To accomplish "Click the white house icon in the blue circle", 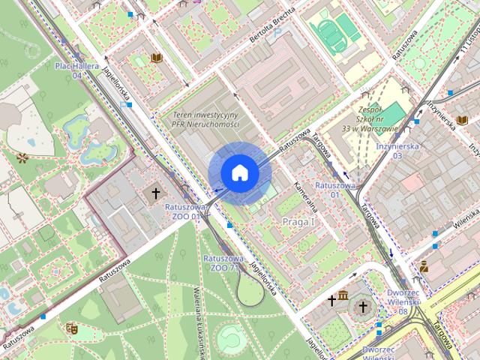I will coord(240,172).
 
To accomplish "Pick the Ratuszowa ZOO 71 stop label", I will coord(221,262).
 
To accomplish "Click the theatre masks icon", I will coord(72,328).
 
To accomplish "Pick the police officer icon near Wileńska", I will coord(424,265).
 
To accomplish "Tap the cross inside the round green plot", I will coord(363,307).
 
